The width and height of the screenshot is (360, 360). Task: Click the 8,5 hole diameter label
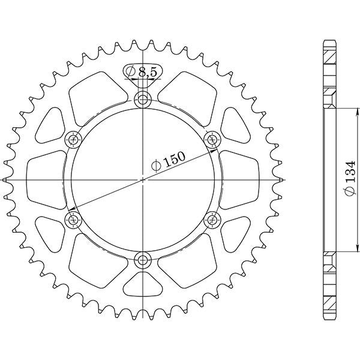147,73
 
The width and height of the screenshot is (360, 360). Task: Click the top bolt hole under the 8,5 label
143,100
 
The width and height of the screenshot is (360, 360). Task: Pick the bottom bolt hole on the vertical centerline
143,259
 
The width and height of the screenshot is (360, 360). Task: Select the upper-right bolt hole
212,140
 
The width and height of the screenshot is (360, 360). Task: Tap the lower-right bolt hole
212,220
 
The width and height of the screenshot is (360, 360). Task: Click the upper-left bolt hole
74,140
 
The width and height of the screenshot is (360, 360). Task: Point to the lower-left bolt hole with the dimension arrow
74,220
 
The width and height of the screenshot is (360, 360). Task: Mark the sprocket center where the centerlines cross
143,179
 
